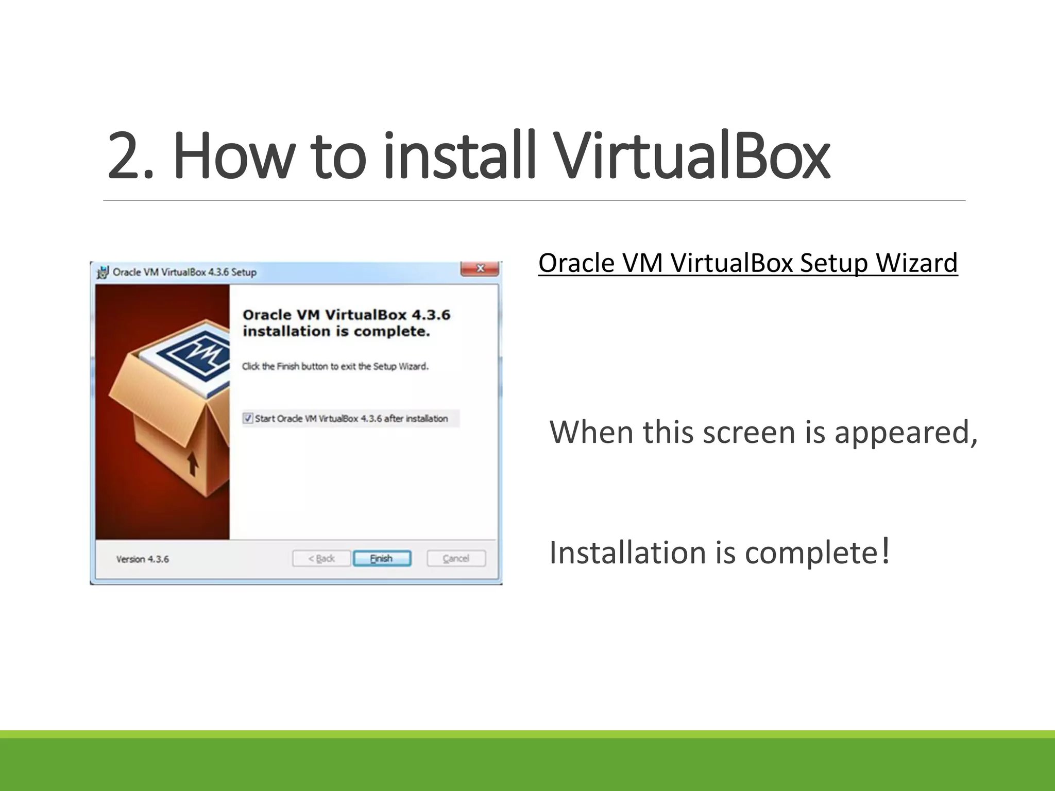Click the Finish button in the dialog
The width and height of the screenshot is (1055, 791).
(382, 559)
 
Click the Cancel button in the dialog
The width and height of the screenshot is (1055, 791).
(456, 559)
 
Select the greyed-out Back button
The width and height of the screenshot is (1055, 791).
(321, 559)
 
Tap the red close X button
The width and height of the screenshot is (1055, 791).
(480, 268)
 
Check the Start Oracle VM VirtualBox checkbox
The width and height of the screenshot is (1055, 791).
(248, 418)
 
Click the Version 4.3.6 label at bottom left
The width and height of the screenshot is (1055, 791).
(143, 559)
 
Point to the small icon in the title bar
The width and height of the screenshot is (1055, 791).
(103, 272)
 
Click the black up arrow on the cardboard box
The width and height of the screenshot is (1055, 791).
(193, 463)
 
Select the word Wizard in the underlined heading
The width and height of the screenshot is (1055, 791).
(916, 263)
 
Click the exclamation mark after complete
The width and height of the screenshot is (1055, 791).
(886, 551)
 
